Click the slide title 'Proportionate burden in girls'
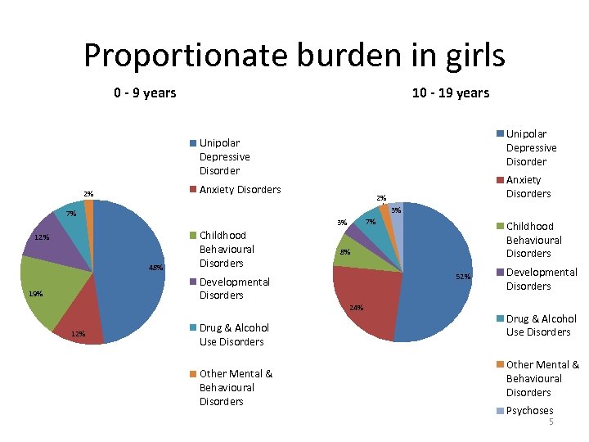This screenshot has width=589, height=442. pyautogui.click(x=294, y=56)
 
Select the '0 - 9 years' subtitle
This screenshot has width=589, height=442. pyautogui.click(x=145, y=92)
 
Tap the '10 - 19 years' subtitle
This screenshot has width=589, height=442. pyautogui.click(x=450, y=92)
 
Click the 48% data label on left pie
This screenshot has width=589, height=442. pyautogui.click(x=156, y=268)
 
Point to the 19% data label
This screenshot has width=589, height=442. pyautogui.click(x=35, y=294)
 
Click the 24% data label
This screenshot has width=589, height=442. pyautogui.click(x=356, y=308)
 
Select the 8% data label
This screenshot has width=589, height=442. pyautogui.click(x=345, y=252)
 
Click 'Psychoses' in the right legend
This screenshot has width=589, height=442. pyautogui.click(x=529, y=410)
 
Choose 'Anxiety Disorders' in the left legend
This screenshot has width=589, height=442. pyautogui.click(x=240, y=189)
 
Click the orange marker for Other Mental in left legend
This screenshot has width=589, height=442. pyautogui.click(x=192, y=374)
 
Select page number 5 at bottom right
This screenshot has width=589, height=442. pyautogui.click(x=551, y=422)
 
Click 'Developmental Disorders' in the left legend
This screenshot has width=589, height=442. pyautogui.click(x=234, y=288)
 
